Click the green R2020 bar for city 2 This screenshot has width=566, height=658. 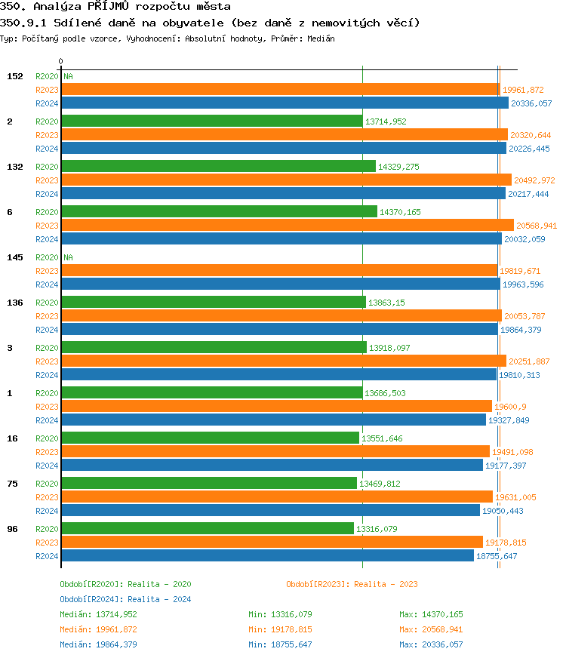[211, 121]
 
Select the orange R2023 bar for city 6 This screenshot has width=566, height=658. [287, 225]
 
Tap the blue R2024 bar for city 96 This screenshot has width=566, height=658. [267, 556]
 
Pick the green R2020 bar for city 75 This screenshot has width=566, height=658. [208, 483]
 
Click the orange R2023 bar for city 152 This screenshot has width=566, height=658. [280, 89]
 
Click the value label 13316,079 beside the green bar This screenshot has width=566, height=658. [378, 529]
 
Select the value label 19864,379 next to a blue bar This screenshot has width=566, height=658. [521, 330]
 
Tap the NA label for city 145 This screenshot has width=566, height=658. [68, 257]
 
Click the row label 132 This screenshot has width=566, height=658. [14, 167]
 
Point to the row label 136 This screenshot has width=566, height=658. [14, 303]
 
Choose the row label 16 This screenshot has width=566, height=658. [12, 438]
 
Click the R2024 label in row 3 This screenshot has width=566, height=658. [47, 375]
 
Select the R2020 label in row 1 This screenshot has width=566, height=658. [47, 393]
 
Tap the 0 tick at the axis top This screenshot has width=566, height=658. [61, 61]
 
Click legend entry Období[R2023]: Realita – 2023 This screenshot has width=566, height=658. [352, 584]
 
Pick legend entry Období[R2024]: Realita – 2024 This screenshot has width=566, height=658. [125, 599]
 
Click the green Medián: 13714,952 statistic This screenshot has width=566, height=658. [98, 614]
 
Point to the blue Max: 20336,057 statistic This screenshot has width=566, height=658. [431, 644]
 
